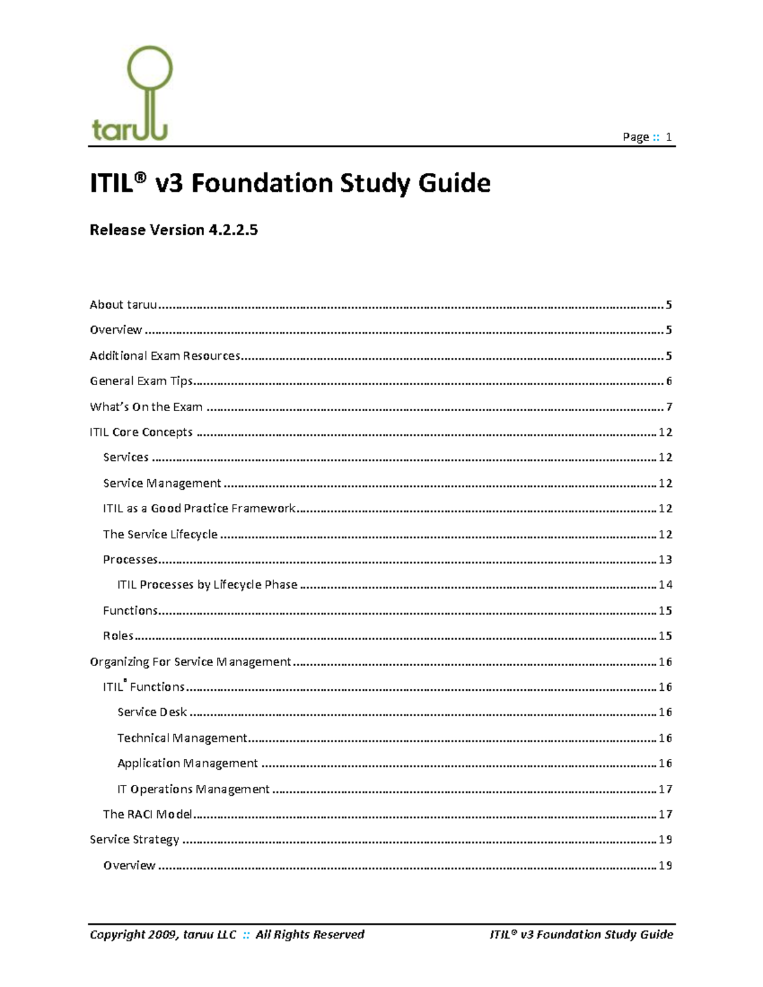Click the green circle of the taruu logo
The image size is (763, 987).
coord(150,68)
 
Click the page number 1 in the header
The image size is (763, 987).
coord(668,137)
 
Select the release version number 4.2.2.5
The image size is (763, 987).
coord(233,230)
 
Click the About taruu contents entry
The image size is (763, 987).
coord(123,305)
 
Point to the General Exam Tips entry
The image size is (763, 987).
coord(141,381)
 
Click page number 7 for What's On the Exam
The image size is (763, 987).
coord(669,407)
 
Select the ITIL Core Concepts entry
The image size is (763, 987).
coord(141,432)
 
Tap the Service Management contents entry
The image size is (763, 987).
coord(162,484)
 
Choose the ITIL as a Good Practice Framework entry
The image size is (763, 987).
coord(199,508)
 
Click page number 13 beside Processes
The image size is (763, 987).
coord(665,560)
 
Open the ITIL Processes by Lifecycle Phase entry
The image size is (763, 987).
coord(207,585)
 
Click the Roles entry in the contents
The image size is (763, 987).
coord(118,636)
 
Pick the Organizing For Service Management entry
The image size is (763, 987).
coord(190,662)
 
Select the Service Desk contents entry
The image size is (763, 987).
coord(152,712)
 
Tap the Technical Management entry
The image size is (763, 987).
coord(182,739)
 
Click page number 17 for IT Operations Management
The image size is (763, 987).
coord(665,789)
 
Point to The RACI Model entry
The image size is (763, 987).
coord(148,815)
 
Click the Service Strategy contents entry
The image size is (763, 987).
coord(134,840)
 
